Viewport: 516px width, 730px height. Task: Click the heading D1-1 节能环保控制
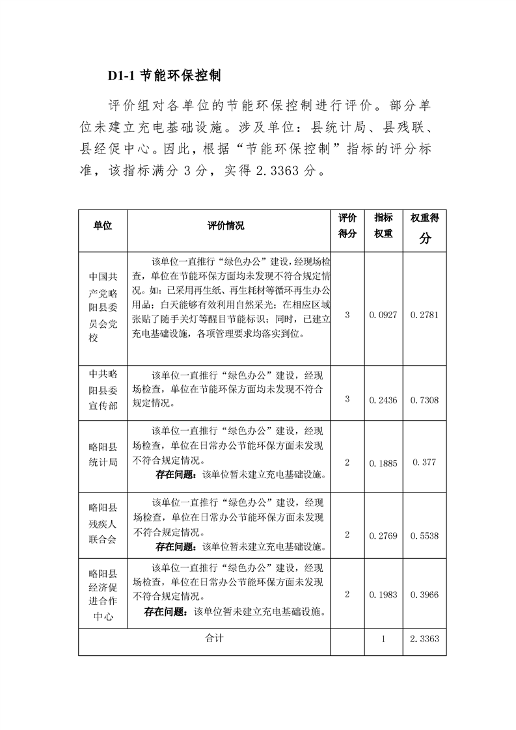coord(165,75)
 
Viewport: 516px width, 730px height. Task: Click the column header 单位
coord(103,226)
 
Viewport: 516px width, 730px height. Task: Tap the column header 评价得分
coord(347,225)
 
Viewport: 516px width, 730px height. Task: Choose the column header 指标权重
coord(383,225)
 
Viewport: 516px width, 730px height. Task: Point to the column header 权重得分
coord(425,228)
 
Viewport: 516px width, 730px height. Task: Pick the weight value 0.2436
coord(383,400)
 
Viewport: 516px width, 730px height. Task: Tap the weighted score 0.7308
coord(425,400)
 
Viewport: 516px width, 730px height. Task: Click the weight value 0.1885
coord(383,463)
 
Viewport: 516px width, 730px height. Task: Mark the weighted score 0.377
coord(425,463)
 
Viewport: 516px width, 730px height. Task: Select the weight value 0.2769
coord(383,535)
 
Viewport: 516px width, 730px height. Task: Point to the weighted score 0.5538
coord(425,535)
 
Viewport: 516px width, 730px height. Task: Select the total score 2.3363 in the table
coord(425,639)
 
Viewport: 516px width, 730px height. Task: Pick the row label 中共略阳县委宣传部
coord(103,390)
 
